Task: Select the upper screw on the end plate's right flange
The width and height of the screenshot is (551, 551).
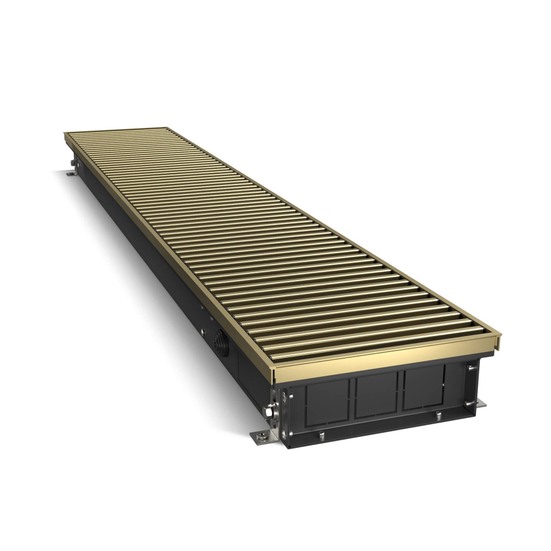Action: (x=469, y=368)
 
